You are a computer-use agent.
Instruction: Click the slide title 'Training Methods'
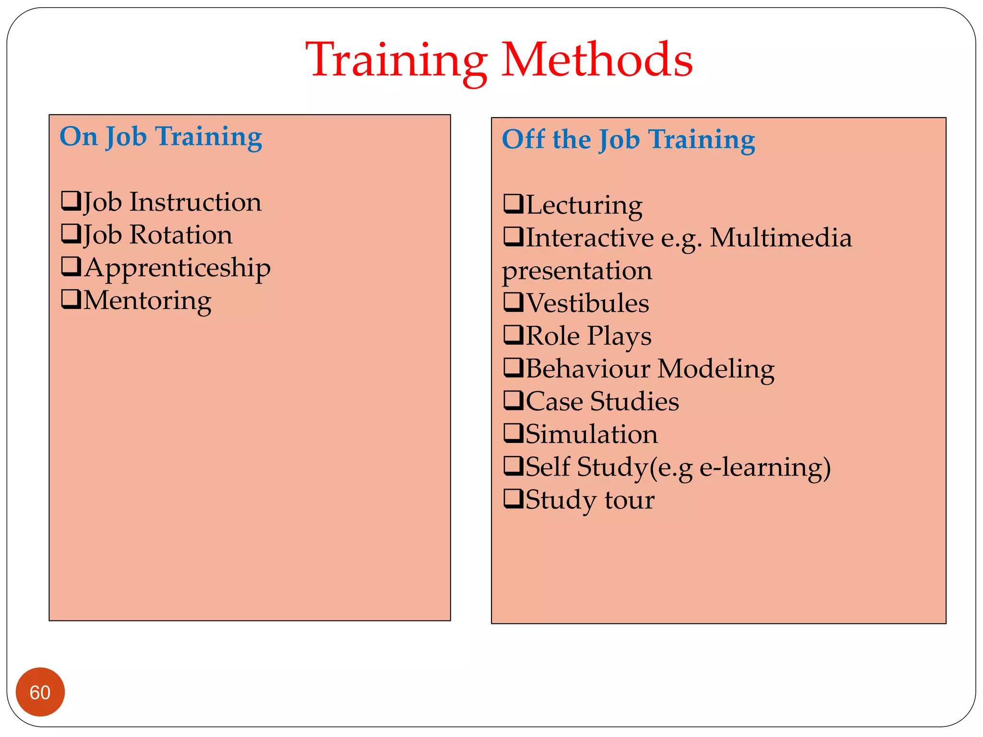pos(499,60)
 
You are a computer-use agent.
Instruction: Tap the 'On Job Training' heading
pos(161,137)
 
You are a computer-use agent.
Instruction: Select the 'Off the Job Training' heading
pos(628,140)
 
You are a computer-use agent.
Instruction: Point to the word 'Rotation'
pos(181,235)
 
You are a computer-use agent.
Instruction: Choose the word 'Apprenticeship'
pos(178,268)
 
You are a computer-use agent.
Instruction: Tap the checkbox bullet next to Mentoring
pos(71,299)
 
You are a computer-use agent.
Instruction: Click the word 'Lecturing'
pos(584,205)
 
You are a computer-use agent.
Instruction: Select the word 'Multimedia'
pos(781,238)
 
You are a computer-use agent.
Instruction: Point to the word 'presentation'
pos(577,271)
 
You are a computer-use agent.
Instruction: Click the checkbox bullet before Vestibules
pos(513,302)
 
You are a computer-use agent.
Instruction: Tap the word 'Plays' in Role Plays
pos(620,336)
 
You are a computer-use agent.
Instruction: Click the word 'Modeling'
pos(716,369)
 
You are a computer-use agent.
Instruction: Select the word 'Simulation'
pos(592,434)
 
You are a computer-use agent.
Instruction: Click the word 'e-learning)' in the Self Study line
pos(765,467)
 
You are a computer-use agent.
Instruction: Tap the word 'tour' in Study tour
pos(629,500)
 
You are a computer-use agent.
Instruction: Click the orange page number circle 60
pos(40,692)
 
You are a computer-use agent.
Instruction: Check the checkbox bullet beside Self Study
pos(513,465)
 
